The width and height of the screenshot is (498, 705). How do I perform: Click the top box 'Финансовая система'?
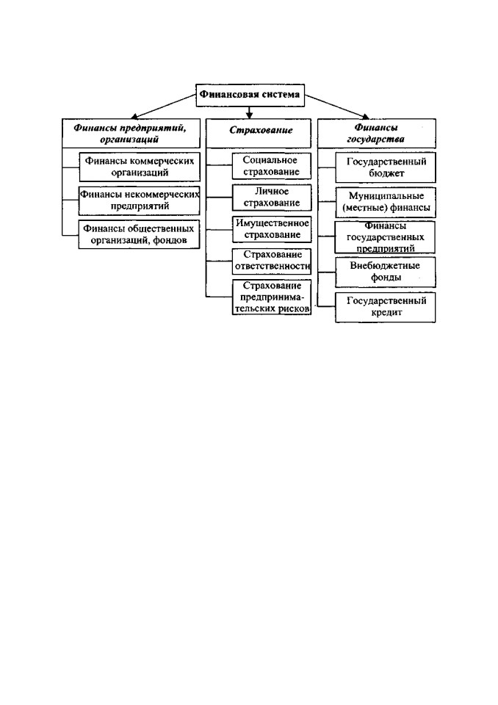(x=250, y=95)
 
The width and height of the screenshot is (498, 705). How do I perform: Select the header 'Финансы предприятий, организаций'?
(x=131, y=134)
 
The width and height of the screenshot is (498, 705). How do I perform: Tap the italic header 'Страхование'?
(x=259, y=134)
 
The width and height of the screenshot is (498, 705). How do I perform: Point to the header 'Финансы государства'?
(x=377, y=134)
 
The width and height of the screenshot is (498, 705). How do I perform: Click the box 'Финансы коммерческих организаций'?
(x=140, y=167)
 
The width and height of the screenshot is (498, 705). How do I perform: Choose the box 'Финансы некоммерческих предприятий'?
(x=140, y=200)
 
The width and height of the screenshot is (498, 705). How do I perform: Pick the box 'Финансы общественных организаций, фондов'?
(x=139, y=234)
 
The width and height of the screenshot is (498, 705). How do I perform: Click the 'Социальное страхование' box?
(x=272, y=166)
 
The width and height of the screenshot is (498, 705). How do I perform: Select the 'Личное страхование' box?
(x=272, y=198)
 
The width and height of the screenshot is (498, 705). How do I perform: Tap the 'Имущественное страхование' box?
(x=272, y=229)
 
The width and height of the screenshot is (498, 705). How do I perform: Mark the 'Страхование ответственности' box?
(x=272, y=261)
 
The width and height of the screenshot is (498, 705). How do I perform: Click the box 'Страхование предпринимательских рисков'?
(x=272, y=297)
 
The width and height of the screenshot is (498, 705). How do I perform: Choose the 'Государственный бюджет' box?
(x=386, y=167)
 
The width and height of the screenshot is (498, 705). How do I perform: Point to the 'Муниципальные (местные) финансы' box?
(x=386, y=203)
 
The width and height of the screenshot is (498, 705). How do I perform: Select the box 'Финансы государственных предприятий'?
(x=385, y=237)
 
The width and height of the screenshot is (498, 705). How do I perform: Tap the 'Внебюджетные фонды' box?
(x=386, y=272)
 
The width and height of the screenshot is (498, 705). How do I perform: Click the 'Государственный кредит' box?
(x=386, y=307)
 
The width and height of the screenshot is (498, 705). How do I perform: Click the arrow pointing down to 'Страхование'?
(x=250, y=112)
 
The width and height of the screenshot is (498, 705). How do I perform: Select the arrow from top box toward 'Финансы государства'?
(x=337, y=107)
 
